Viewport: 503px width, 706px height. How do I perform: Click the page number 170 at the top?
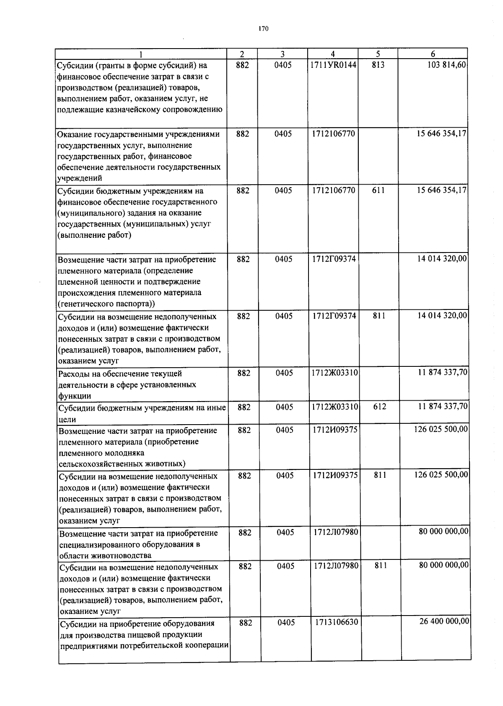[x=263, y=29]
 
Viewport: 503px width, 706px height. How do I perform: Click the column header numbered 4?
[x=332, y=54]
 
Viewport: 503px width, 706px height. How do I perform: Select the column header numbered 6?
[x=433, y=54]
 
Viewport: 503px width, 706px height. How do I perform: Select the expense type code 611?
[x=378, y=190]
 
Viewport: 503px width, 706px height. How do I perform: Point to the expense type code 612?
[x=380, y=407]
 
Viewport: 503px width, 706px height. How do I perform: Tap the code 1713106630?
[x=337, y=622]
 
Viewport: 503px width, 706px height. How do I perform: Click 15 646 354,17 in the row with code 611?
[x=442, y=190]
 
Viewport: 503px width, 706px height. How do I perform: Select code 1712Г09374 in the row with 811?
[x=334, y=316]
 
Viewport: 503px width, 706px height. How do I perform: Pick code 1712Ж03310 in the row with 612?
[x=335, y=407]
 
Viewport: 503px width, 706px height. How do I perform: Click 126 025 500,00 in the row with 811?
[x=441, y=475]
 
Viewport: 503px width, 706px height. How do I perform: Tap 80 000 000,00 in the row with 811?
[x=444, y=565]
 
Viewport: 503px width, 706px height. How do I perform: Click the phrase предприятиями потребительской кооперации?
[x=144, y=646]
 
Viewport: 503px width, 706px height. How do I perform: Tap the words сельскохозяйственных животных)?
[x=122, y=464]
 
